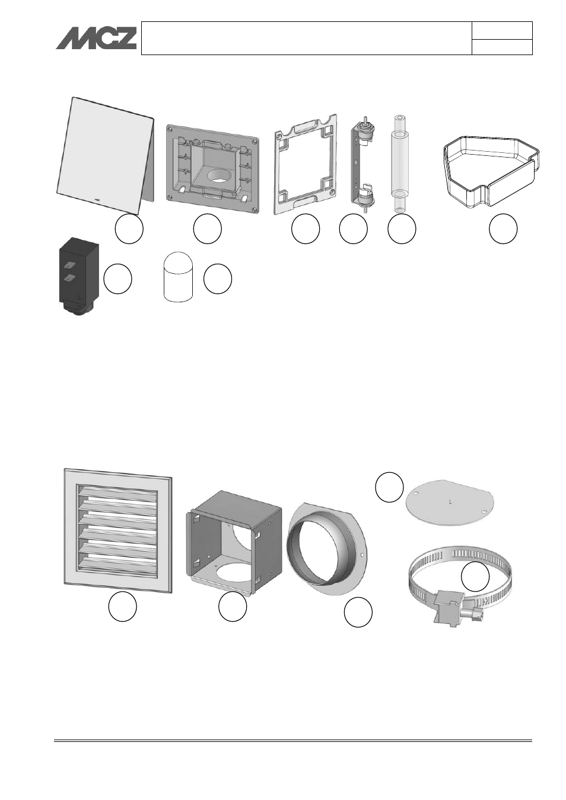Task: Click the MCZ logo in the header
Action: click(96, 38)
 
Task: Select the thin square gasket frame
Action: click(306, 164)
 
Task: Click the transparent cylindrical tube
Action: click(400, 164)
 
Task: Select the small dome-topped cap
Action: click(178, 276)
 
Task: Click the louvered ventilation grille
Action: click(118, 531)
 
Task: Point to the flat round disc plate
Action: click(450, 502)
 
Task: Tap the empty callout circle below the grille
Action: click(123, 606)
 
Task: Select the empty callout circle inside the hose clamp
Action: click(475, 577)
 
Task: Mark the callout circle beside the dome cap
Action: click(218, 279)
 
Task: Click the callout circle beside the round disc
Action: click(389, 487)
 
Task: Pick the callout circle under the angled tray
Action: click(503, 229)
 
